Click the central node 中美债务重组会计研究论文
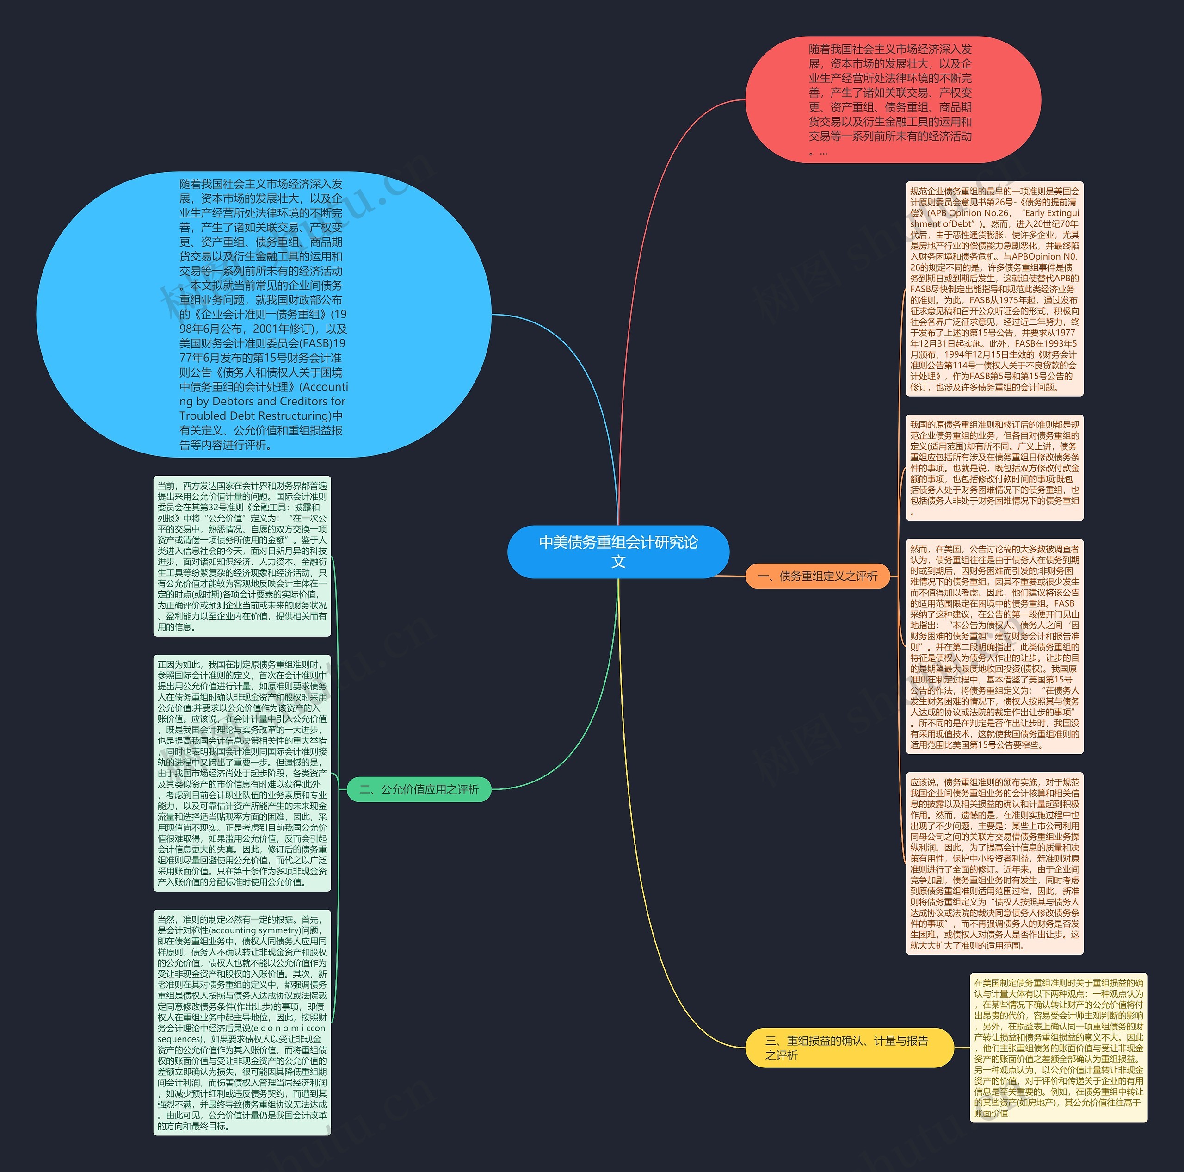coord(618,551)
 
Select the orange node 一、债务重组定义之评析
coord(817,576)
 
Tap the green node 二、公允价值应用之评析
coord(419,789)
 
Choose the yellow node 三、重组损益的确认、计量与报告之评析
coord(849,1048)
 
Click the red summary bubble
coord(892,100)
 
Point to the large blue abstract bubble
coord(264,314)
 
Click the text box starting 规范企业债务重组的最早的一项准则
coord(994,288)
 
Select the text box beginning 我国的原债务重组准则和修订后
coord(994,467)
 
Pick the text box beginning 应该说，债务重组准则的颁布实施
coord(994,863)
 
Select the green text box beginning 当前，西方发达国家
coord(242,556)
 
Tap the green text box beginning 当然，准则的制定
coord(242,1022)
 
